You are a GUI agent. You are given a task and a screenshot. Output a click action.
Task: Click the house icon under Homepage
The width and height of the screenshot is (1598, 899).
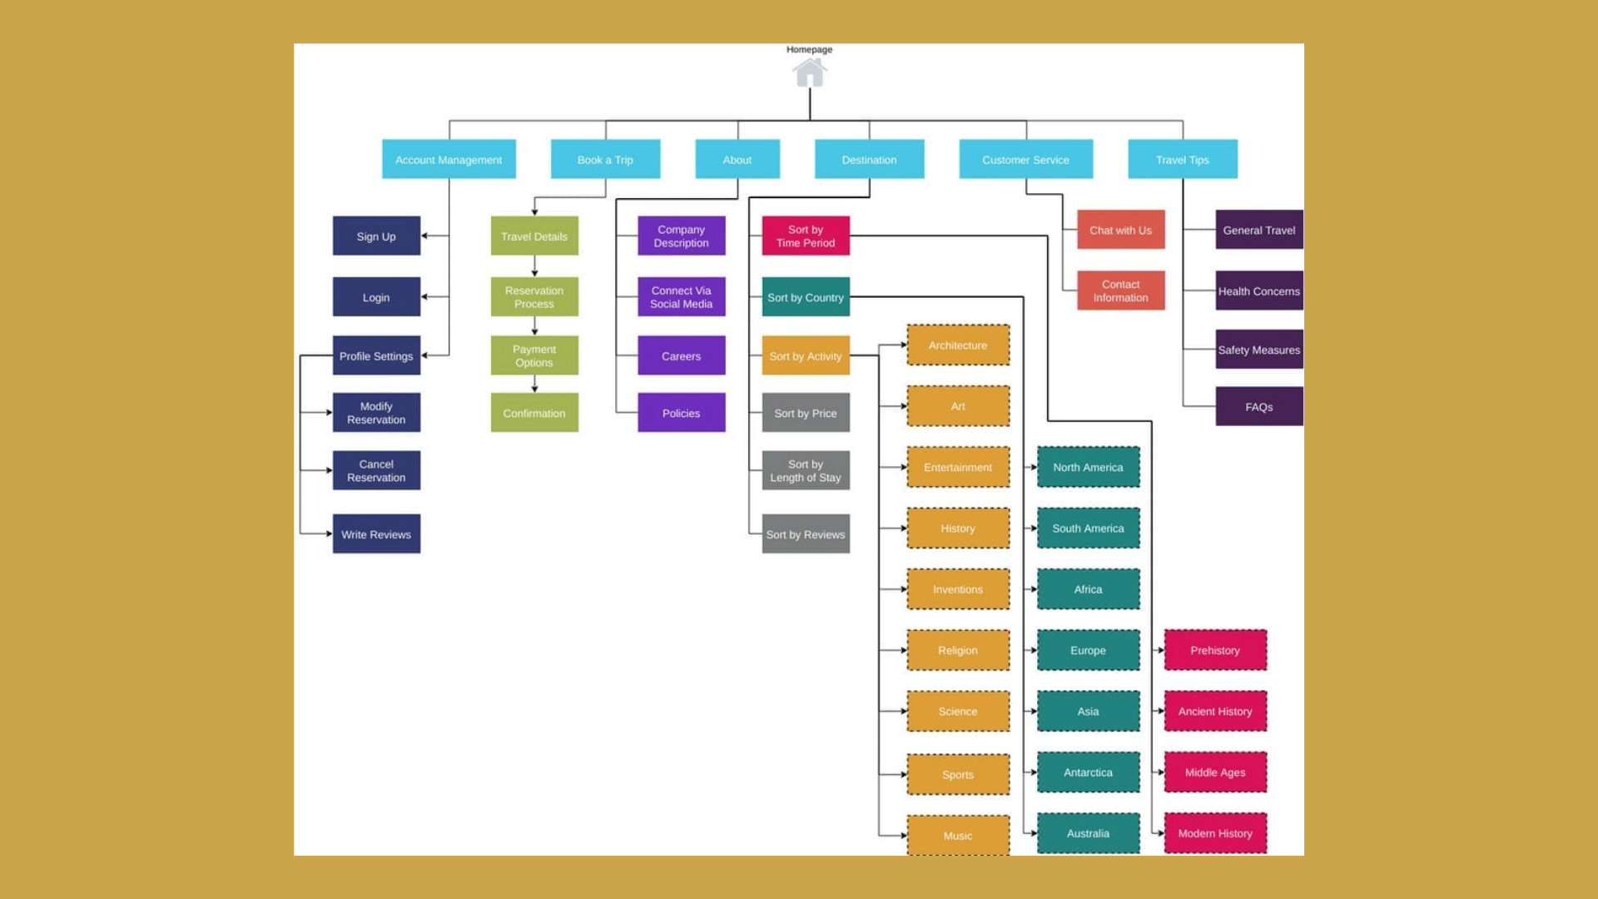[x=809, y=72]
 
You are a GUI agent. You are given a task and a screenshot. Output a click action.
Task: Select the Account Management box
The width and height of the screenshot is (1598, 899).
[x=449, y=159]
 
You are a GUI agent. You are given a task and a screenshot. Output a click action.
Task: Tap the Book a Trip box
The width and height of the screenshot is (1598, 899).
[x=605, y=159]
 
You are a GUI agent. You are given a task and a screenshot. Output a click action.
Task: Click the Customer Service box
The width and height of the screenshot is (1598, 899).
[x=1025, y=159]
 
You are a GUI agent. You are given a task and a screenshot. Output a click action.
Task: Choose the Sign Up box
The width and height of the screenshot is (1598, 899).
[x=376, y=236]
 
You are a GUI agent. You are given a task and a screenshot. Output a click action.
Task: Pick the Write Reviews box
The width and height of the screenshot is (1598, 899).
[x=376, y=534]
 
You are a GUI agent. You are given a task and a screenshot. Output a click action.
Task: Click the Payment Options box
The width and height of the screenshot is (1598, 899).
[x=534, y=355]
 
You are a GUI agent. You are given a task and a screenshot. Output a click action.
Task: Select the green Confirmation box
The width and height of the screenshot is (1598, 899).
[x=534, y=413]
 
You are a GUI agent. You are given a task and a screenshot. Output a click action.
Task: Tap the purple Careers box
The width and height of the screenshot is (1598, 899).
[x=682, y=355]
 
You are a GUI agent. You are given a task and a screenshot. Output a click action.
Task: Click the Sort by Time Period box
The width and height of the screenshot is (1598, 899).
[x=806, y=236]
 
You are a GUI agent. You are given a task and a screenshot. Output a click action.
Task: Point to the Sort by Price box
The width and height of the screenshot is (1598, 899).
[x=806, y=413]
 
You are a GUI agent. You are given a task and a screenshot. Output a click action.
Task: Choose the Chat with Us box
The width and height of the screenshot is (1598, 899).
[x=1121, y=230]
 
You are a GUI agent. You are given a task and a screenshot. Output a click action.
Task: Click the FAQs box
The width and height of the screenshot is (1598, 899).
[x=1259, y=406]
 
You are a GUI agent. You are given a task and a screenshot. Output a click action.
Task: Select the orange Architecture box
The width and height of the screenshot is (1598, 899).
[x=958, y=345]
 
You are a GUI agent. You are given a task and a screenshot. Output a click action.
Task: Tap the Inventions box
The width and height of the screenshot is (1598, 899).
[x=958, y=589]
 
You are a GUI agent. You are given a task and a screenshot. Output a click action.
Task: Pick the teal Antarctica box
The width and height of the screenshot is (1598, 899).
[x=1088, y=772]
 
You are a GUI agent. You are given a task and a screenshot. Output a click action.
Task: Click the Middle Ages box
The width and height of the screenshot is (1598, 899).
[x=1215, y=772]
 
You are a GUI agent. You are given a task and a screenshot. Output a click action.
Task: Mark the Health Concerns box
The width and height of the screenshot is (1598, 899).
[x=1259, y=291]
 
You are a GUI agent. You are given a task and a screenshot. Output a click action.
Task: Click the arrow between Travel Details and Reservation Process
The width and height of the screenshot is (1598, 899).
[x=534, y=266]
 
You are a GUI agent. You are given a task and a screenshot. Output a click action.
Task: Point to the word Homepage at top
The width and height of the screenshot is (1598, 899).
[x=809, y=49]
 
